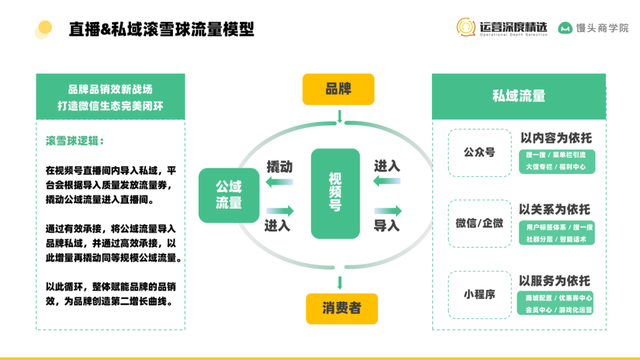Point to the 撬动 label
pos(279,164)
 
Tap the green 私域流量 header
pos(519,96)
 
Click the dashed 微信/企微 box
pos(472,221)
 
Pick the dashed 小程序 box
pos(472,295)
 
